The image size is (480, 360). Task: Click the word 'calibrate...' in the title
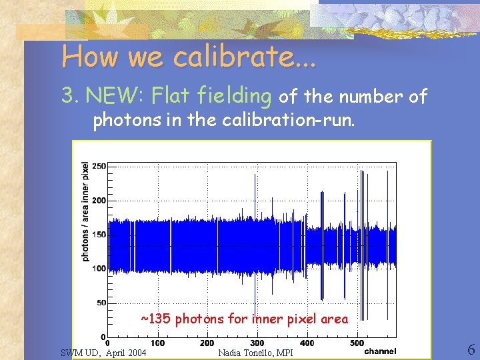pyautogui.click(x=245, y=57)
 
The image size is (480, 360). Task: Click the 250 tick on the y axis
pyautogui.click(x=98, y=166)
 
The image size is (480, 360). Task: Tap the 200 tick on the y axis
pyautogui.click(x=98, y=200)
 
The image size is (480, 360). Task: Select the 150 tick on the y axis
pyautogui.click(x=98, y=235)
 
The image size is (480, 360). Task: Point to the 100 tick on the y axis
pyautogui.click(x=98, y=269)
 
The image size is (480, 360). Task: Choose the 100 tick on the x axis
pyautogui.click(x=157, y=343)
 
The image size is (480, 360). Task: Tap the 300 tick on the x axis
pyautogui.click(x=257, y=343)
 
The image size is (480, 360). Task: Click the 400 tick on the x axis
pyautogui.click(x=307, y=343)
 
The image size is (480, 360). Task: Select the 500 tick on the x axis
pyautogui.click(x=357, y=343)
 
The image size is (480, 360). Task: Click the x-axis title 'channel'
pyautogui.click(x=381, y=351)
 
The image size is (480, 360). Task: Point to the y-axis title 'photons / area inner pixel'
pyautogui.click(x=85, y=212)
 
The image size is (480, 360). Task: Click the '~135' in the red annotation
pyautogui.click(x=155, y=319)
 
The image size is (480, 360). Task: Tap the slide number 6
pyautogui.click(x=471, y=350)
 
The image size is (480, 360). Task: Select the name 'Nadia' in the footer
pyautogui.click(x=232, y=353)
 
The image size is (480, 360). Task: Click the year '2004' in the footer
pyautogui.click(x=136, y=353)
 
